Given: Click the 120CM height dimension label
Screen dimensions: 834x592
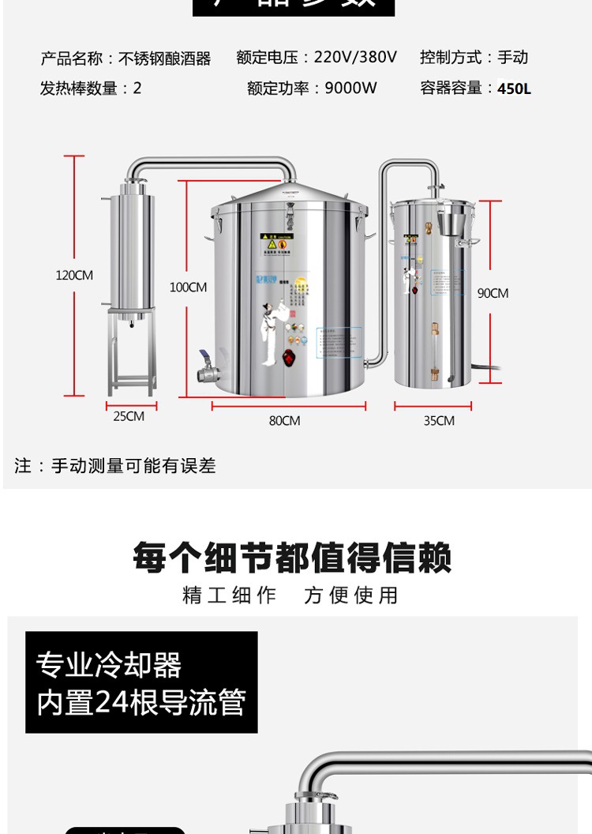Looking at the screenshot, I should coord(74,276).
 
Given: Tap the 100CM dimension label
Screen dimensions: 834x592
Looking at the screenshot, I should coord(188,287).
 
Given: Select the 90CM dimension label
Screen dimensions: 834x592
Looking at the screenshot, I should coord(493,293).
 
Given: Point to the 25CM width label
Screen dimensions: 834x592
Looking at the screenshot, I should coord(129,416).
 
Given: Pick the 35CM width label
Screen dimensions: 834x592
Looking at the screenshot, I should coord(439,421).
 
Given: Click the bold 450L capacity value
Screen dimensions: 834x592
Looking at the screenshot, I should coord(514,89).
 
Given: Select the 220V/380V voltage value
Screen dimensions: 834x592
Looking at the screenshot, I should coord(355,58).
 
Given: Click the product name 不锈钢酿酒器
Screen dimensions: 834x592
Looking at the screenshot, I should coord(165,58).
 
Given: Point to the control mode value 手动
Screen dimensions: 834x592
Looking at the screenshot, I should coord(513,58).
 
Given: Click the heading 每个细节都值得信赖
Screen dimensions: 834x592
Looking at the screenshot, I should coord(292,558).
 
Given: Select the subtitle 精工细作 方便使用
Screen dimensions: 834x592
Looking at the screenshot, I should coord(290,595).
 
